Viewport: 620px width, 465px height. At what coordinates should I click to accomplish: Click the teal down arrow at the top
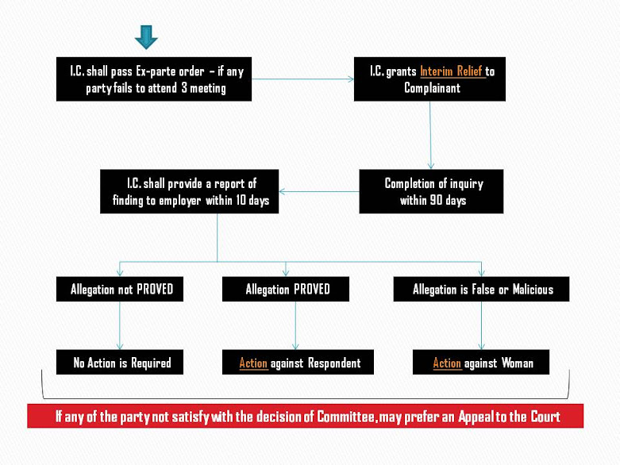[146, 37]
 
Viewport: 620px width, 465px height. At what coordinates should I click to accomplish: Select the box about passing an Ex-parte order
[154, 79]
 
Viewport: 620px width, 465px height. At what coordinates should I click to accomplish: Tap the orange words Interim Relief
[452, 71]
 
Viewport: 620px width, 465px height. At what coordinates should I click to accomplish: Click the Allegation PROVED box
[287, 290]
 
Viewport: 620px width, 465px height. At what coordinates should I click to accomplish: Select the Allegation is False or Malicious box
[483, 290]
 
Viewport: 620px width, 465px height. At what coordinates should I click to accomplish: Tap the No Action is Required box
[121, 363]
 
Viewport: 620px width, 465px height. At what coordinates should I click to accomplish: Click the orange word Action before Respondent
[253, 363]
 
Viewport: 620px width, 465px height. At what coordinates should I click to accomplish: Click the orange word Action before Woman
[447, 363]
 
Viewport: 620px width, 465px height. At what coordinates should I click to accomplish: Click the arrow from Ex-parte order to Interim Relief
[302, 79]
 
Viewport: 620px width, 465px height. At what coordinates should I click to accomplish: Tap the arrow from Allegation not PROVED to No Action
[120, 326]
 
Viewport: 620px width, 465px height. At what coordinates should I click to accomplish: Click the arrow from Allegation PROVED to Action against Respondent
[295, 326]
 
